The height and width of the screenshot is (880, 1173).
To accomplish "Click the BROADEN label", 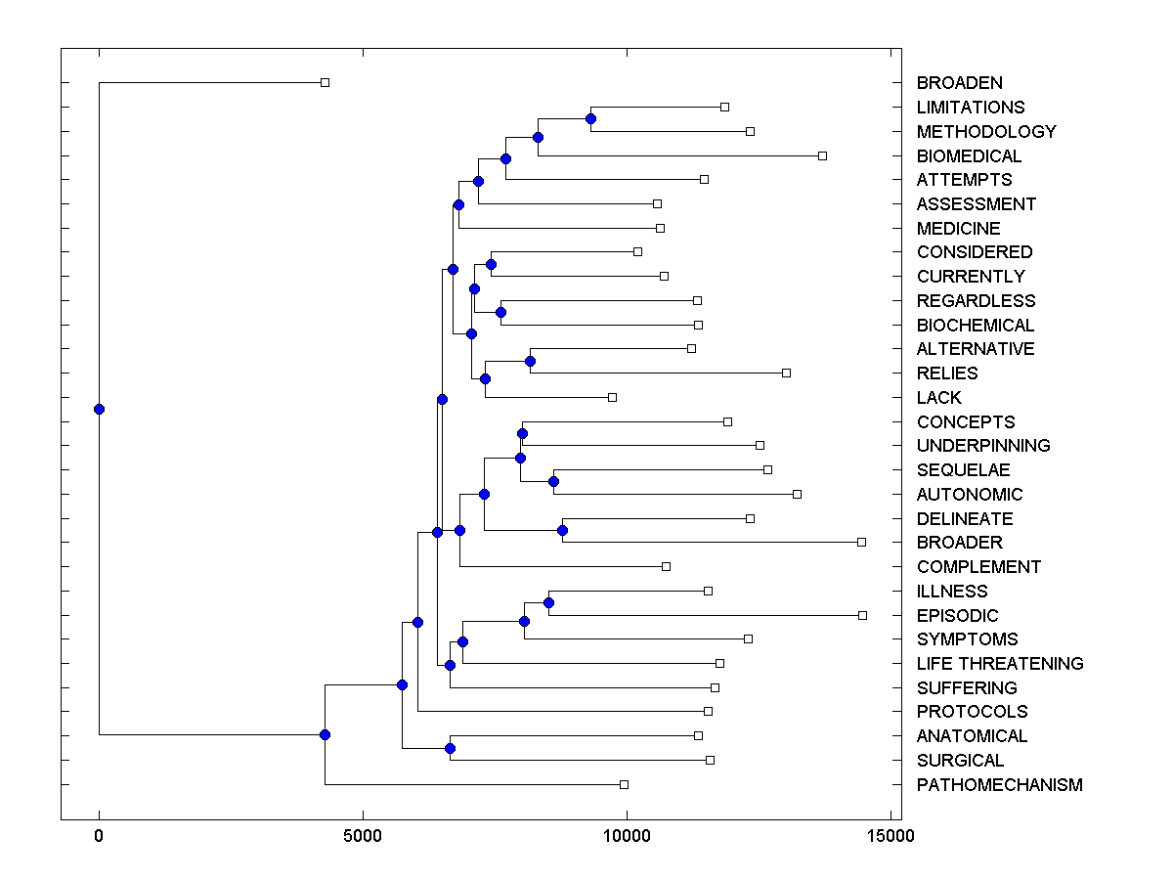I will [959, 83].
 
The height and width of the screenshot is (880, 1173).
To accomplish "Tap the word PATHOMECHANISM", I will [999, 785].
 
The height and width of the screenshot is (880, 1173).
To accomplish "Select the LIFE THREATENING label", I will [999, 664].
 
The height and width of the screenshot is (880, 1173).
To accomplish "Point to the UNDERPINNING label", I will [982, 446].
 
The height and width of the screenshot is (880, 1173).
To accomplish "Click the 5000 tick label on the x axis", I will [363, 836].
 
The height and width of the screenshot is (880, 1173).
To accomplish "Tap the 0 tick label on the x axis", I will [99, 836].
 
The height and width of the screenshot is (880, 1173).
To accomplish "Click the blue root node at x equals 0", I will [99, 409].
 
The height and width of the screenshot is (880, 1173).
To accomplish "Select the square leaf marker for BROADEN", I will [326, 83].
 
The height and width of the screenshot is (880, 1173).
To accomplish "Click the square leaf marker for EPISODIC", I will [862, 615].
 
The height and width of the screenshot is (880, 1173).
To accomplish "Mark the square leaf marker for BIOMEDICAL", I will [822, 155].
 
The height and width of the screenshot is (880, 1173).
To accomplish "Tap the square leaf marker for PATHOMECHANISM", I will [624, 784].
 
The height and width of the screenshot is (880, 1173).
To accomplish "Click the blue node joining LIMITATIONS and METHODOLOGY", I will [590, 118].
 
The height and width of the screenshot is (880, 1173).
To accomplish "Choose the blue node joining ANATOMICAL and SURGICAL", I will [450, 748].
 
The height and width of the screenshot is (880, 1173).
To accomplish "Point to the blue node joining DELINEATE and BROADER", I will [562, 530].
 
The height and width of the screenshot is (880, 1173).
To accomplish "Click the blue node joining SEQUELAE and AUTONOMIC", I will [553, 481].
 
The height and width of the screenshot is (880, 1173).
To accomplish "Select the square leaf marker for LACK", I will [612, 397].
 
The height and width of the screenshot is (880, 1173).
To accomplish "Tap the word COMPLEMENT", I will [978, 567].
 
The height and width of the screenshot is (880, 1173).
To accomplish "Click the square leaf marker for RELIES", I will [786, 373].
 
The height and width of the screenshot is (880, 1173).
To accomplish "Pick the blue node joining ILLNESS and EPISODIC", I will [548, 602].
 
